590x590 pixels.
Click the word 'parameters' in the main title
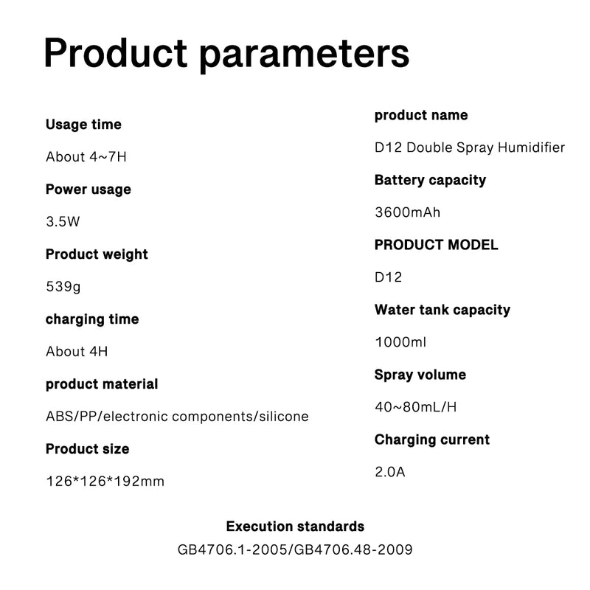[x=304, y=55]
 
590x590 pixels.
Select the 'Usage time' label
[x=83, y=125]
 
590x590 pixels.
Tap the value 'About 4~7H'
[x=86, y=157]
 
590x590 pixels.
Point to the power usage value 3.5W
[x=63, y=222]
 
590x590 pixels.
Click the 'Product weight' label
[x=97, y=254]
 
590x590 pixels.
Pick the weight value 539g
[x=63, y=287]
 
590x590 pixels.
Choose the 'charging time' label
[x=92, y=319]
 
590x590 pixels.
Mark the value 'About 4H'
[x=77, y=352]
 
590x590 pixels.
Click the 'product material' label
[x=102, y=384]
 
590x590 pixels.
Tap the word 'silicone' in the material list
[x=284, y=417]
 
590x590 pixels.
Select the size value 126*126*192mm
[x=105, y=482]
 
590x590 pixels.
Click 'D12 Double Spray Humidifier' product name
[x=470, y=148]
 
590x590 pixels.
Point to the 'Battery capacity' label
[x=430, y=180]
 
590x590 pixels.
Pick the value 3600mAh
[x=408, y=212]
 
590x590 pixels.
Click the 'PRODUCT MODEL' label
[x=436, y=245]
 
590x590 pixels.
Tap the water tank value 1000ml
[x=400, y=342]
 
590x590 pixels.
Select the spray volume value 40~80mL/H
[x=416, y=407]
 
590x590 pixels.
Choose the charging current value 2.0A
[x=390, y=472]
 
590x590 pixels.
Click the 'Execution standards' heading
[x=296, y=527]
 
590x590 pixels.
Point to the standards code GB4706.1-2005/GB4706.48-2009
[x=295, y=549]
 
